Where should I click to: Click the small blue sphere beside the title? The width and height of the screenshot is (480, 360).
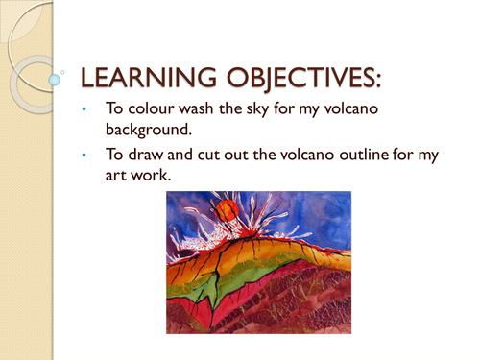click(x=63, y=70)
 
